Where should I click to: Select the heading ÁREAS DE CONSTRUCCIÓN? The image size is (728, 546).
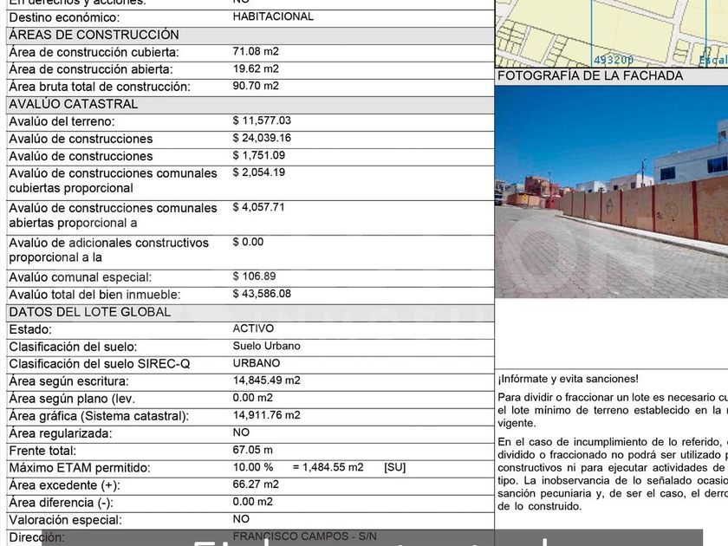[94, 35]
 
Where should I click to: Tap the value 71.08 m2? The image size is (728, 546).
[256, 51]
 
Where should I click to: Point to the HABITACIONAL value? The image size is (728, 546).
[273, 16]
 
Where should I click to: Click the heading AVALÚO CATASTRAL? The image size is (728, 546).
[74, 104]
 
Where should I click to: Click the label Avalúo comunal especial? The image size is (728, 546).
[81, 277]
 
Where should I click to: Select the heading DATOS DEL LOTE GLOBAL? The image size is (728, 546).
[90, 312]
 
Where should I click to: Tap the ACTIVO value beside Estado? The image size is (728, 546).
[253, 328]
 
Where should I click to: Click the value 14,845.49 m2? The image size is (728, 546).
[266, 380]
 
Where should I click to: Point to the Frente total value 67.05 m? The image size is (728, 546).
[252, 450]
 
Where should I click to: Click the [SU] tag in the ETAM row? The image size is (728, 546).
[394, 467]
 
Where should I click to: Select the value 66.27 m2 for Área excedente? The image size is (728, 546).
[256, 484]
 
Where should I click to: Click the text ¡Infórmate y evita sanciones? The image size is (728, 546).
[568, 379]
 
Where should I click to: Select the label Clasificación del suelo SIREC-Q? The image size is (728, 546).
[100, 364]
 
